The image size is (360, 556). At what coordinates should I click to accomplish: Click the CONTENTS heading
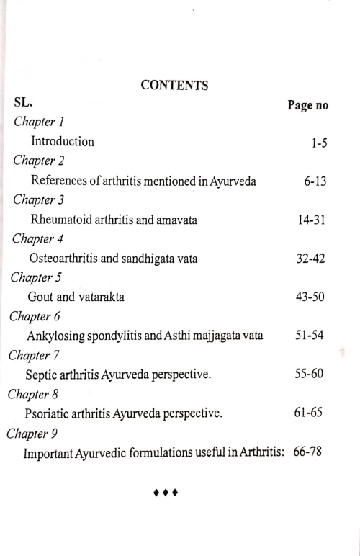[175, 86]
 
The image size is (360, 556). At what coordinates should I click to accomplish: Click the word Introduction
[62, 142]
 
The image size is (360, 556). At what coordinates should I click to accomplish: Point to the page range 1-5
[319, 143]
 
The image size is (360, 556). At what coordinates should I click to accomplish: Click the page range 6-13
[315, 181]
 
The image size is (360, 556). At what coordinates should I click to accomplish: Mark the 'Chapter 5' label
[34, 277]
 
